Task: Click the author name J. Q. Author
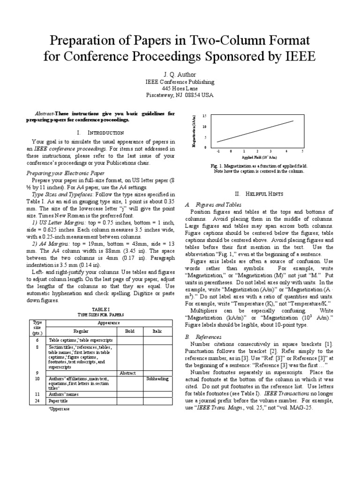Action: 180,74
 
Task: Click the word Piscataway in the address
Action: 161,95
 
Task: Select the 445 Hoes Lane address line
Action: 180,88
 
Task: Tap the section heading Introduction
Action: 107,133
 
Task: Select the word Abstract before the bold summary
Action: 45,114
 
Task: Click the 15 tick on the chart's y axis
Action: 204,115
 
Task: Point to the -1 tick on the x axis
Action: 218,151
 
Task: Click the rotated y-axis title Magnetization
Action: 193,132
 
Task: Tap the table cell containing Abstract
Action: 128,373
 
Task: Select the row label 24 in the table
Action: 37,401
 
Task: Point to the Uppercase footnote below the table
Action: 59,409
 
